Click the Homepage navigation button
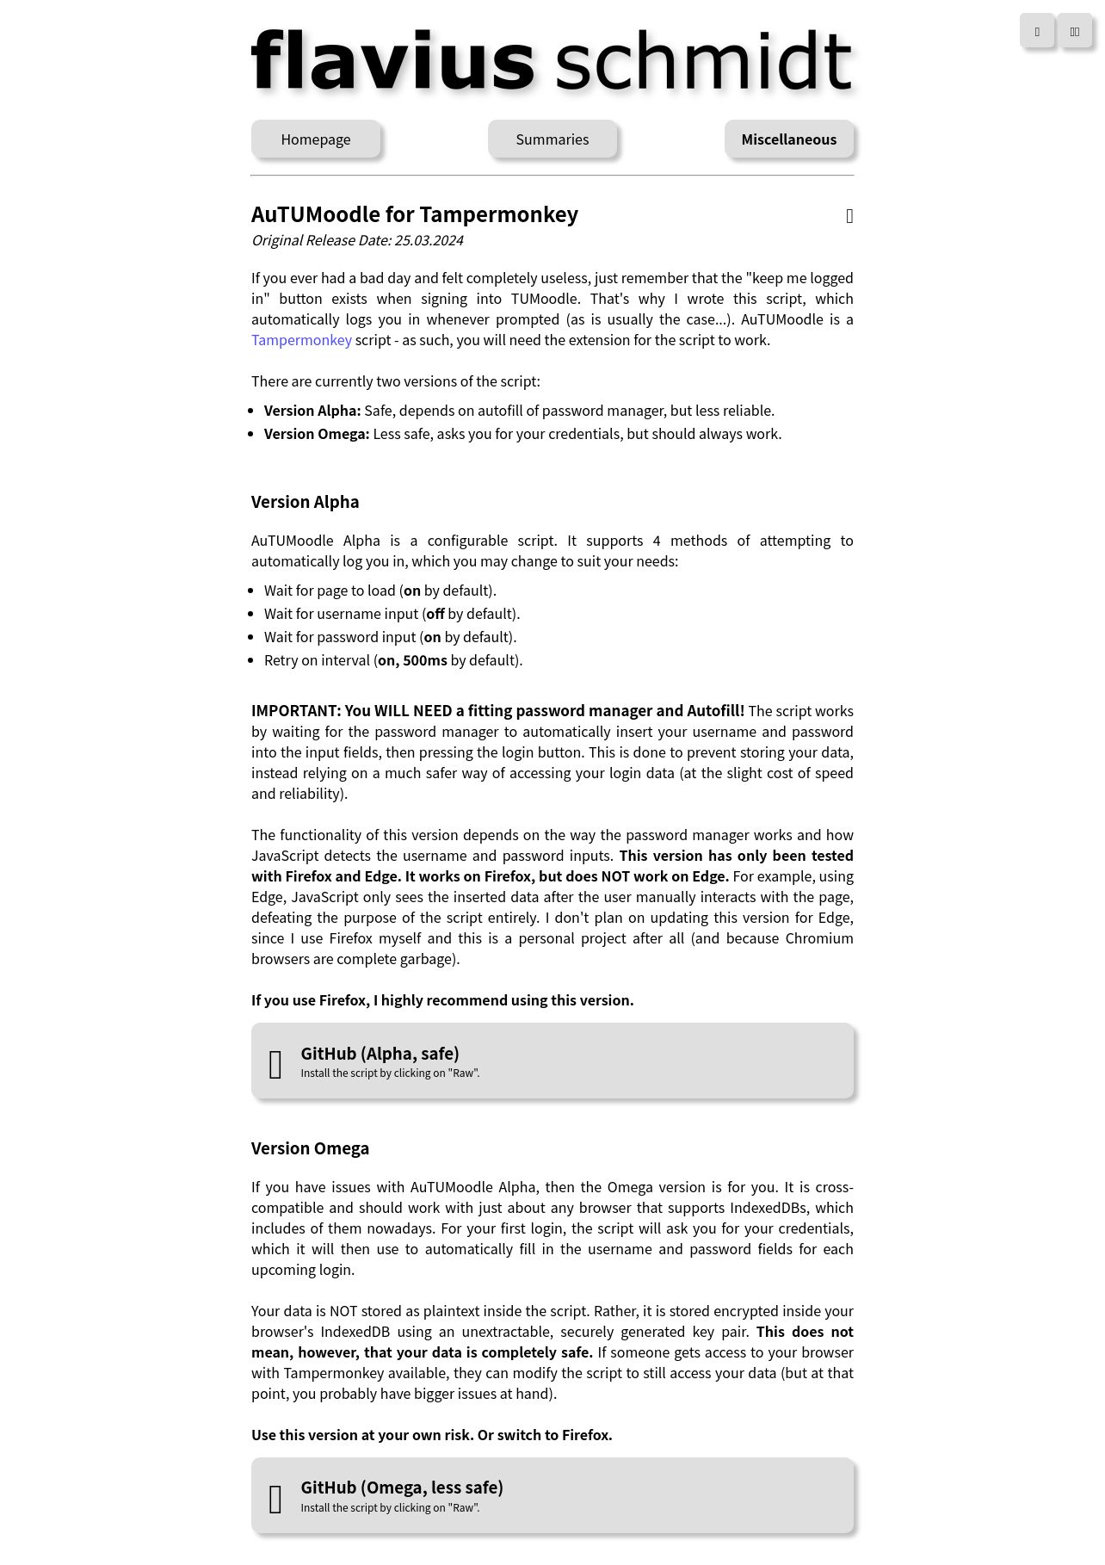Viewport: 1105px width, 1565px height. (x=315, y=139)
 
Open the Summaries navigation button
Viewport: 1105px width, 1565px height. (x=552, y=139)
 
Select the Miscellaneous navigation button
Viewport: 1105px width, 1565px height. (x=788, y=139)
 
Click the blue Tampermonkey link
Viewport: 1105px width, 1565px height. (x=301, y=340)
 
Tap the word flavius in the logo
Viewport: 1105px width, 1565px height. (x=393, y=61)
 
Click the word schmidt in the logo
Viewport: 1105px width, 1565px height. (x=703, y=61)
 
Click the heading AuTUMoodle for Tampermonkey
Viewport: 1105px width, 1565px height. (x=414, y=214)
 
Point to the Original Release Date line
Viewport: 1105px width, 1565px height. (x=357, y=240)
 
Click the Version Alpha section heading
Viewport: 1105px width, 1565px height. (x=305, y=502)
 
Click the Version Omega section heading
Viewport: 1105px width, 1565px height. (x=310, y=1148)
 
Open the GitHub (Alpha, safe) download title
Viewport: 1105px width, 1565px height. (x=380, y=1054)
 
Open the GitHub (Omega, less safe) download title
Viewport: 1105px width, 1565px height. (x=401, y=1488)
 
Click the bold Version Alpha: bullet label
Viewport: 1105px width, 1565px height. (x=312, y=411)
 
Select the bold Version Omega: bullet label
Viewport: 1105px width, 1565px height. (x=317, y=434)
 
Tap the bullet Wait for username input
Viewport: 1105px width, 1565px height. (x=392, y=614)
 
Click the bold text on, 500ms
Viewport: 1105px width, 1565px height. (x=412, y=660)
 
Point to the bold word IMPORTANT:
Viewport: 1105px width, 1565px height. (x=296, y=711)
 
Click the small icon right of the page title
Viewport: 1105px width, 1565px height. (x=849, y=216)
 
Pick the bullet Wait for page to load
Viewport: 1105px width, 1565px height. (x=380, y=591)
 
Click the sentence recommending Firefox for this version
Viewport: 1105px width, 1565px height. (x=442, y=1000)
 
